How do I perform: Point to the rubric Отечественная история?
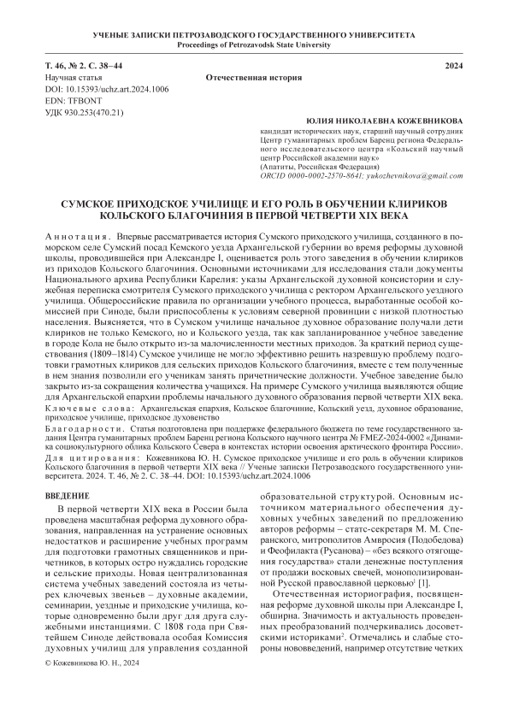[x=256, y=78]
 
